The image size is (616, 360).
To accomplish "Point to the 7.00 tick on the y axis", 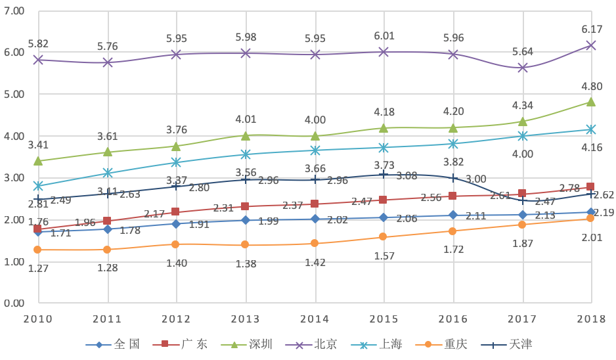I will click(x=14, y=11).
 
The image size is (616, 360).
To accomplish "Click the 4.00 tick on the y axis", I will click(x=14, y=136).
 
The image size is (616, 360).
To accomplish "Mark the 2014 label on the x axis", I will click(x=315, y=319).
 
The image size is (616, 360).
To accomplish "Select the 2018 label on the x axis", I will click(x=591, y=319).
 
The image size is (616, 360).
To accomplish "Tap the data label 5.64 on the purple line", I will click(x=523, y=52).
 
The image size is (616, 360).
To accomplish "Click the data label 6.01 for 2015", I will click(x=384, y=36).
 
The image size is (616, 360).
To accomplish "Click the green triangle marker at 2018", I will click(x=591, y=102).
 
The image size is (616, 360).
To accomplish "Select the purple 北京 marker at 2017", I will click(x=523, y=68).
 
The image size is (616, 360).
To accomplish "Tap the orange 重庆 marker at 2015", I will click(x=384, y=237).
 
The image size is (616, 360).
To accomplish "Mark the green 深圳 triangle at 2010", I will click(x=38, y=160).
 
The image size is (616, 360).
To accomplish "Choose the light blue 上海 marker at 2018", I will click(x=591, y=129).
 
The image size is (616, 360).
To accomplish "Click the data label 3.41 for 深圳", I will click(x=38, y=145).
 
